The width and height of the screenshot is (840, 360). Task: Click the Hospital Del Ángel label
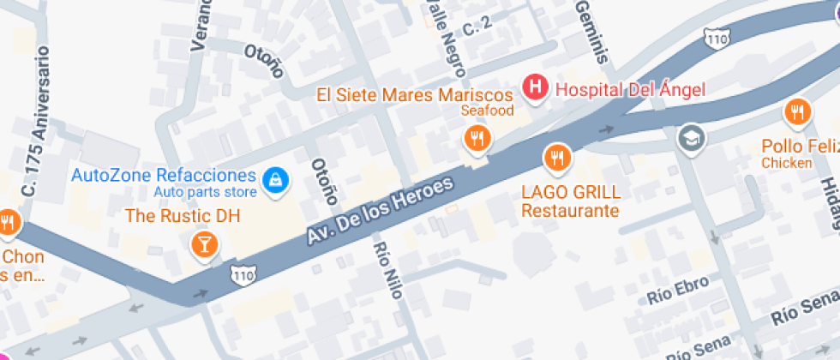point(630,88)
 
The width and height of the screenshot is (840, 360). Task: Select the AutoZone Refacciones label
point(163,176)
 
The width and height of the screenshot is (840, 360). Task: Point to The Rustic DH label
point(183,215)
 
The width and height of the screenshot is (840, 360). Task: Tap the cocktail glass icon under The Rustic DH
point(204,244)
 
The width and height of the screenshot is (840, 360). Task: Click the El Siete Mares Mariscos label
point(414,94)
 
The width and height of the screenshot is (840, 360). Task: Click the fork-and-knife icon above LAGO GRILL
point(558,157)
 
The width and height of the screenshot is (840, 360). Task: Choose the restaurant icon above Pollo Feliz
point(797,111)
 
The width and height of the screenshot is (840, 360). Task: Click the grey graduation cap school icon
point(689,137)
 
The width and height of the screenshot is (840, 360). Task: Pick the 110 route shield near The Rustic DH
point(243,273)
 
